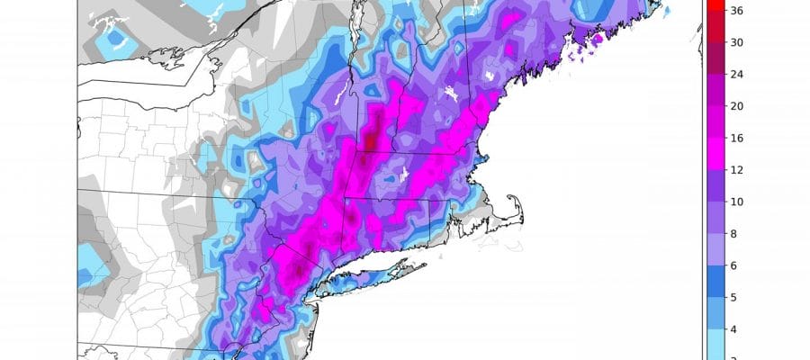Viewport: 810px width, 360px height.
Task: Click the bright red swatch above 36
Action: [708, 4]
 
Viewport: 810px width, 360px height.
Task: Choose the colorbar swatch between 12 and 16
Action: [708, 153]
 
